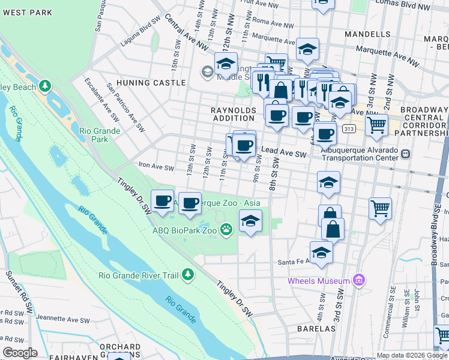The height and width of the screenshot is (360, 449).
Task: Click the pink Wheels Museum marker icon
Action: (359, 280)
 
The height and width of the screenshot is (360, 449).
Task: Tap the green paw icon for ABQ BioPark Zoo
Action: (226, 229)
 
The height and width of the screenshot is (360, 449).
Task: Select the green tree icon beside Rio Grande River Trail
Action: (188, 275)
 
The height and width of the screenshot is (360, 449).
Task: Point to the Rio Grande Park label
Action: (100, 136)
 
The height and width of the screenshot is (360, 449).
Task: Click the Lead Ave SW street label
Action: (284, 154)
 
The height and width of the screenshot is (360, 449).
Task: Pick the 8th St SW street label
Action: (276, 181)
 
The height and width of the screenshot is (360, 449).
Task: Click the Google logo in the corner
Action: (20, 353)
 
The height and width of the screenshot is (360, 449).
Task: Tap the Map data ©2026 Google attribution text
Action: (412, 355)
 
